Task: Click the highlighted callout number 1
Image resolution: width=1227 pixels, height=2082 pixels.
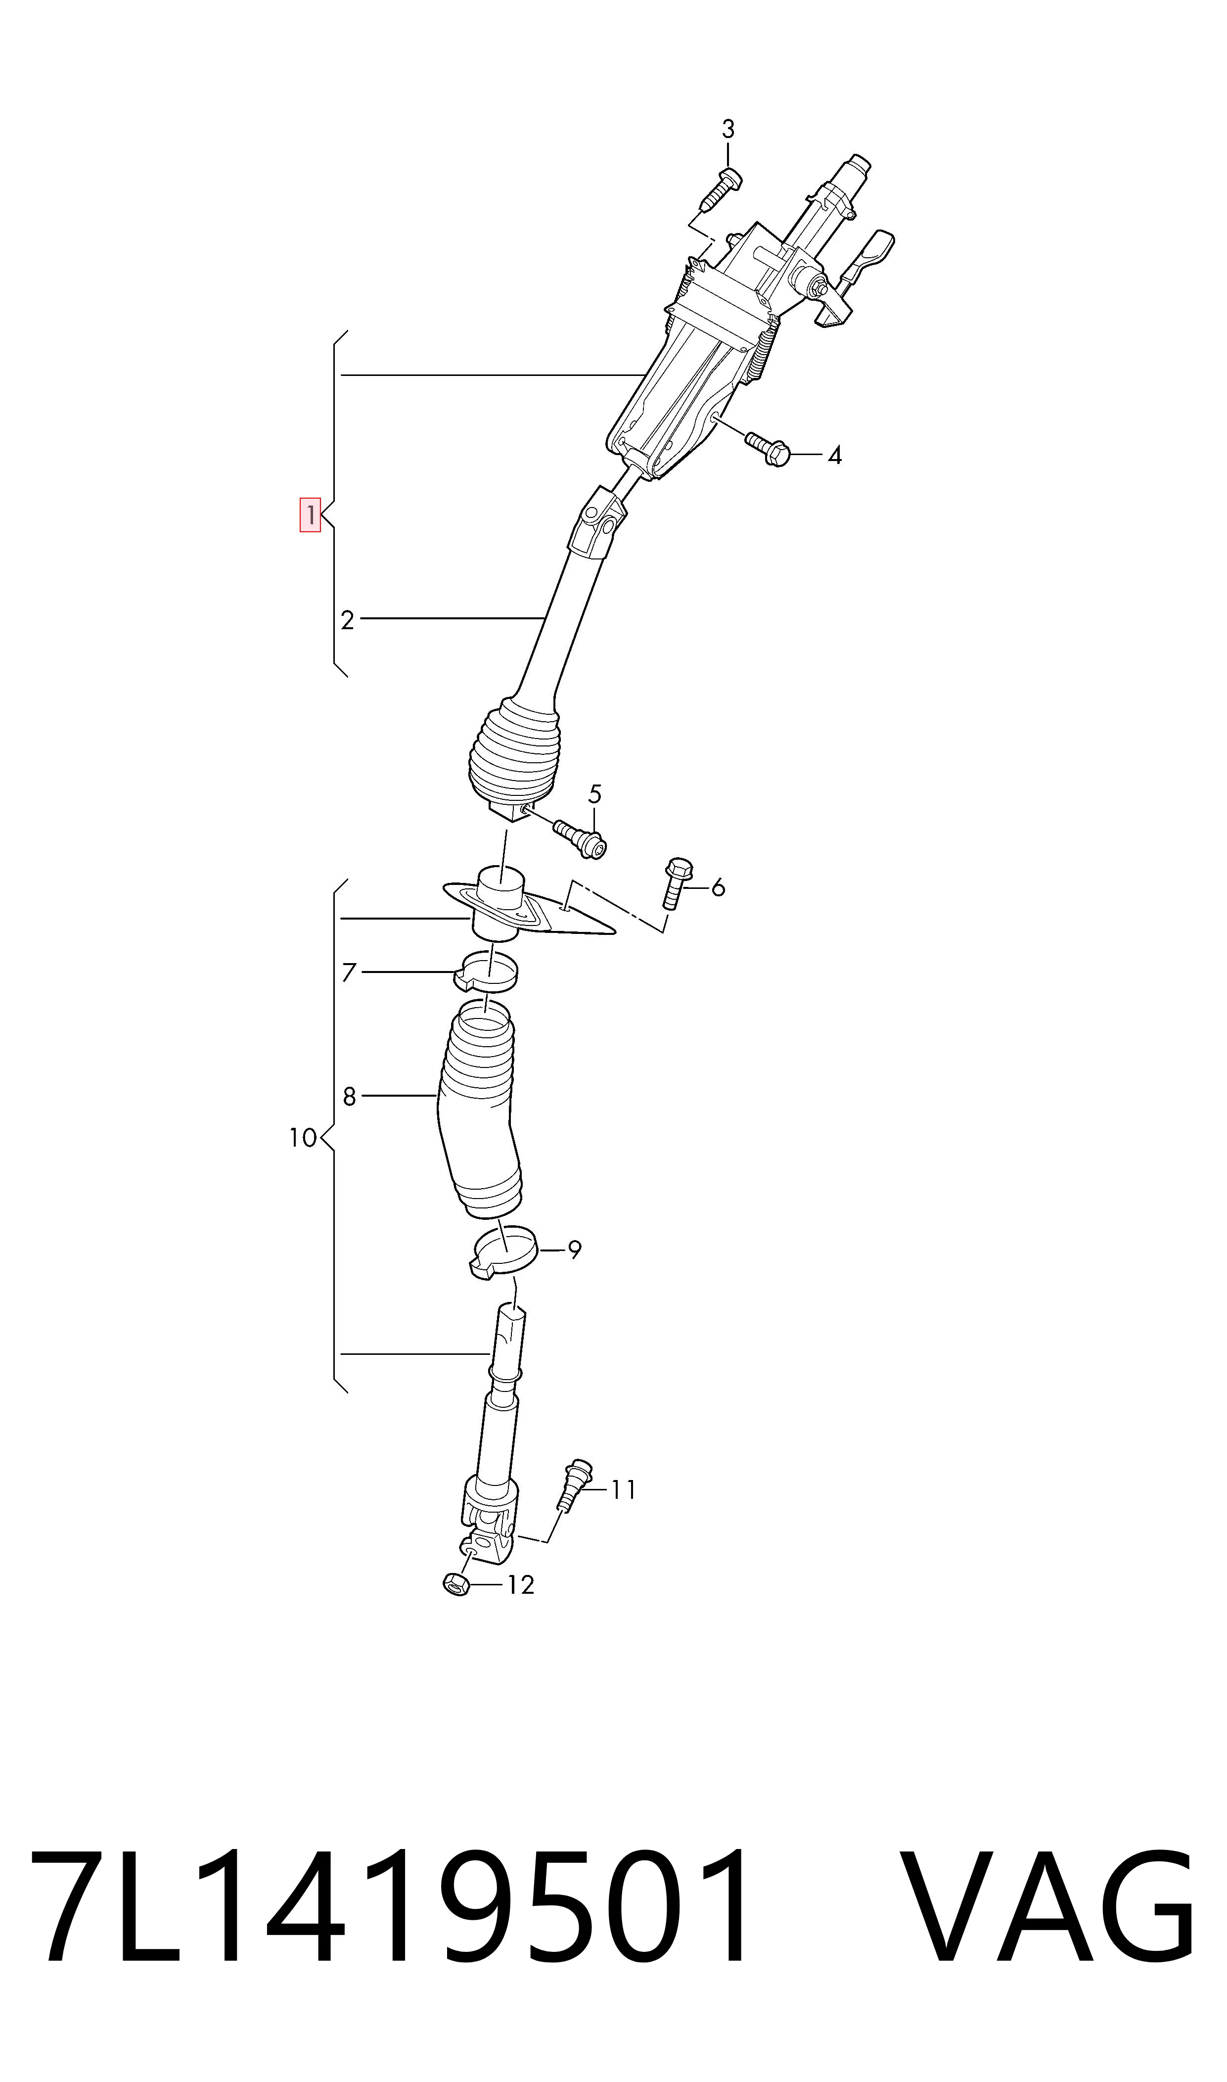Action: (x=310, y=514)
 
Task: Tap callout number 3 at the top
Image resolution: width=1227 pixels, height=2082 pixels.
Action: (x=727, y=129)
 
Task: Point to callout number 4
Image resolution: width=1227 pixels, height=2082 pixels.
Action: (x=835, y=456)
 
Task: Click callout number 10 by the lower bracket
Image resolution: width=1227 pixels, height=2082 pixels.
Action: (x=304, y=1139)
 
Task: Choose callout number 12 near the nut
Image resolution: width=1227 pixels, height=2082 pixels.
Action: (x=520, y=1585)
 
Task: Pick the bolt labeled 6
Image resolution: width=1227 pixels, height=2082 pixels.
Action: (x=676, y=883)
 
